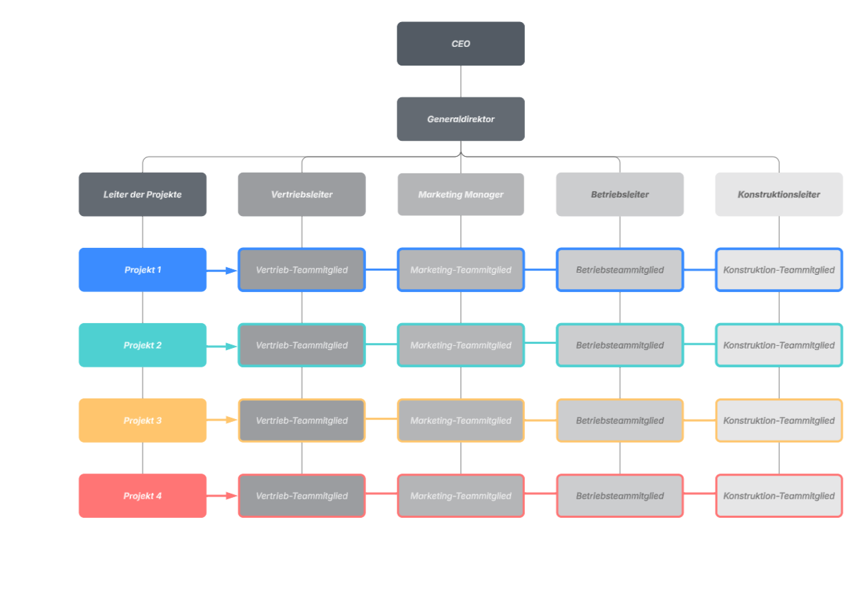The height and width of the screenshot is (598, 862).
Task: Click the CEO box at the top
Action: pyautogui.click(x=461, y=44)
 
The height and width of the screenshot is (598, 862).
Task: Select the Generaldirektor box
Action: pyautogui.click(x=461, y=119)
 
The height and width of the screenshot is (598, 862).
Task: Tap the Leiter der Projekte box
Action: pyautogui.click(x=142, y=194)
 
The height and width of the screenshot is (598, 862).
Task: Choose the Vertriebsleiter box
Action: pyautogui.click(x=302, y=194)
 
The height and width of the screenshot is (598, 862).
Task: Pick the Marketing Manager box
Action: pyautogui.click(x=461, y=194)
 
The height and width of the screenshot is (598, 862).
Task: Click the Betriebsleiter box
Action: pyautogui.click(x=620, y=194)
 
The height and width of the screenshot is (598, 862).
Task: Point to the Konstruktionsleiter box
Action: pyautogui.click(x=779, y=194)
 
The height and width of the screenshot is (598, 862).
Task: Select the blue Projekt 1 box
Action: pyautogui.click(x=142, y=270)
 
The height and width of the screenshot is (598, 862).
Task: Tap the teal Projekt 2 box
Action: pyautogui.click(x=142, y=345)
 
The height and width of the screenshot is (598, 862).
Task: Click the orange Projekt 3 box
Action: pyautogui.click(x=142, y=421)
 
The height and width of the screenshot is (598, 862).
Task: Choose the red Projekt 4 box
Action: pyautogui.click(x=142, y=496)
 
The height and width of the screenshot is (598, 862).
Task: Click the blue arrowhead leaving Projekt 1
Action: pyautogui.click(x=231, y=271)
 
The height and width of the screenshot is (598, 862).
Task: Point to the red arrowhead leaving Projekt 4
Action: pyautogui.click(x=231, y=496)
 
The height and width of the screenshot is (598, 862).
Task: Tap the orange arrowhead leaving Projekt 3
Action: pyautogui.click(x=231, y=420)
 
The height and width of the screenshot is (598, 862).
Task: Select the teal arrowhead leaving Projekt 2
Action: pyautogui.click(x=231, y=347)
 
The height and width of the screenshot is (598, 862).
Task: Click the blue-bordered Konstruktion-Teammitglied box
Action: pyautogui.click(x=779, y=270)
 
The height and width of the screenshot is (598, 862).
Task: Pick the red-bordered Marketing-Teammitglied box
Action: pyautogui.click(x=461, y=496)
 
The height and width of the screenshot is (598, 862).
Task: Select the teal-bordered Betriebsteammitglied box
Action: pyautogui.click(x=620, y=345)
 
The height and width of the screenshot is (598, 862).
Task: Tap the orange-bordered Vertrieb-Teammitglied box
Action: pyautogui.click(x=302, y=421)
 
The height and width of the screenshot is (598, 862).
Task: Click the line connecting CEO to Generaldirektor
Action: pyautogui.click(x=461, y=81)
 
